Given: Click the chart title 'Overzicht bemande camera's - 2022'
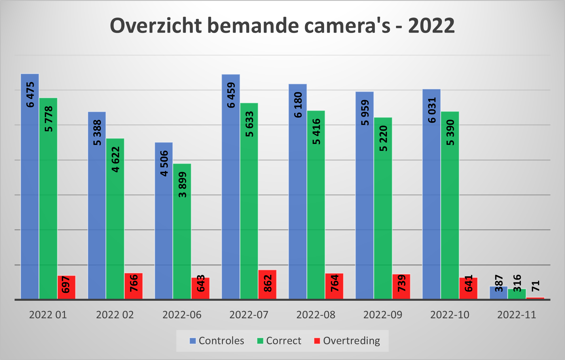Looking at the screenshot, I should coord(282,26).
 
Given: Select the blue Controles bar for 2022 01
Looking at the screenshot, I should coord(30,198).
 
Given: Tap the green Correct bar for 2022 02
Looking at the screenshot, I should coord(115,227).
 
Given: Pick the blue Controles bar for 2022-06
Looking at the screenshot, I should coord(164,227).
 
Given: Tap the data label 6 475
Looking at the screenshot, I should coord(30,95).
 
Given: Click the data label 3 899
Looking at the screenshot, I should coord(183,185).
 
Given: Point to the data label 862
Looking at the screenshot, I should coord(268,283).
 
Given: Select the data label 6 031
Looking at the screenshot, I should coord(432,110).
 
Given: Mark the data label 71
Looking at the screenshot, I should coord(536,286).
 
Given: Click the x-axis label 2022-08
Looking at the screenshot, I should coord(316,315).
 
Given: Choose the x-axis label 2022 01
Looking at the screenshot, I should coord(48,315).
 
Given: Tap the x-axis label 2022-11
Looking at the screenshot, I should coord(517,315).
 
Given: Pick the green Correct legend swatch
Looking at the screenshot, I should coord(260,341).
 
